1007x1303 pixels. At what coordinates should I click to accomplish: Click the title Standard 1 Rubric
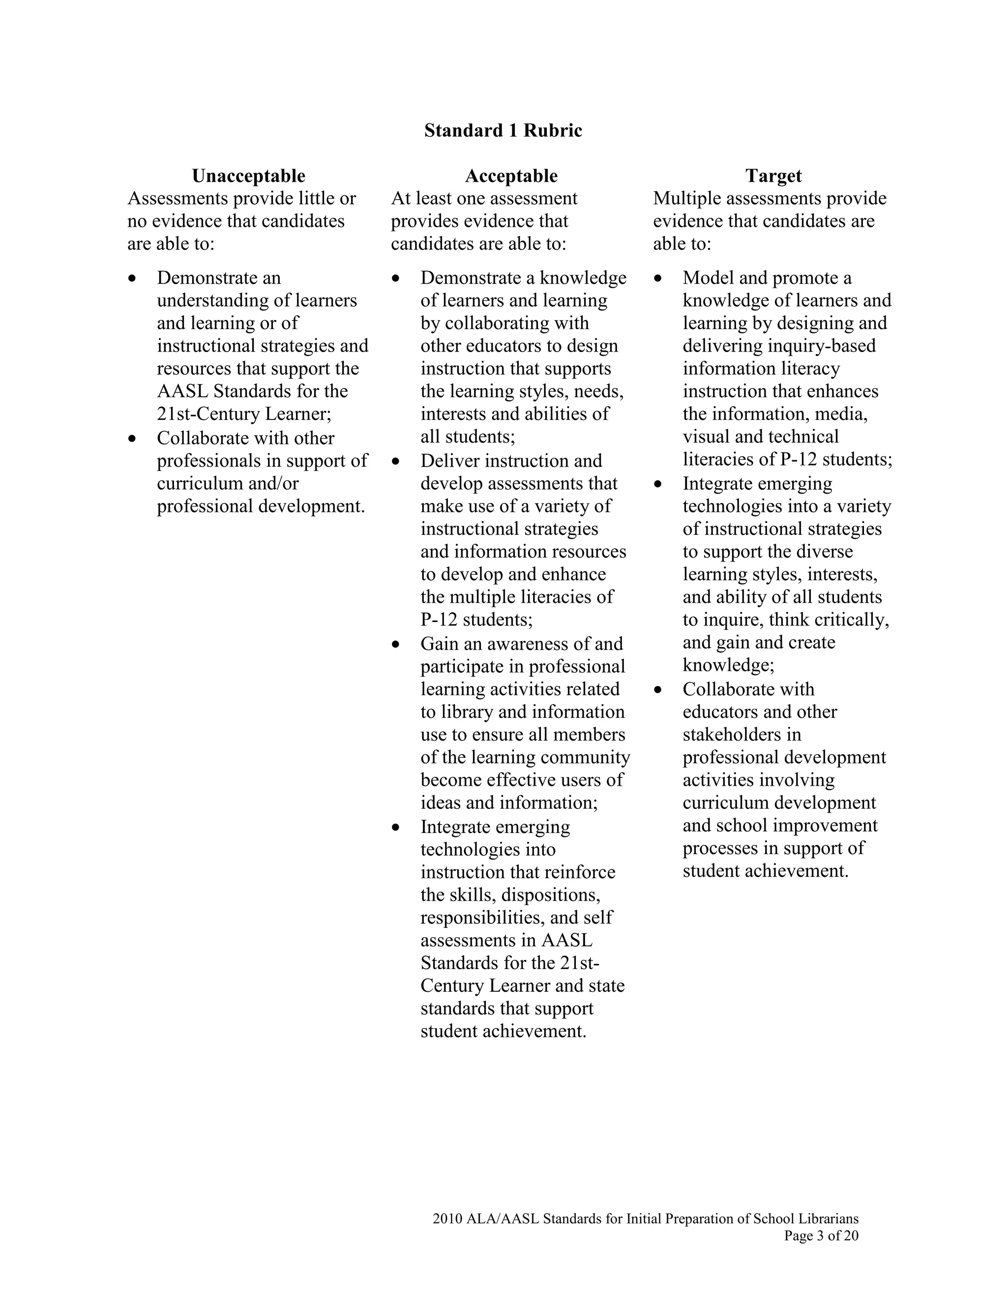(503, 131)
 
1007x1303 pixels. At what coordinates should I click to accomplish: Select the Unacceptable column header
(248, 176)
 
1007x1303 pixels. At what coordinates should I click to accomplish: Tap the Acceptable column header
(511, 176)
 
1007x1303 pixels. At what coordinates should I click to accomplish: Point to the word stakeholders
(741, 735)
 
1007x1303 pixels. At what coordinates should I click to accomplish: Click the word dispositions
(551, 895)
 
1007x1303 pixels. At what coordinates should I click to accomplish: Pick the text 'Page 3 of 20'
(821, 1236)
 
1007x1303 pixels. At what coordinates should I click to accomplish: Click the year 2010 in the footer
(447, 1219)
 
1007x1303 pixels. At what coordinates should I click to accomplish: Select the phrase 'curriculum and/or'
(228, 483)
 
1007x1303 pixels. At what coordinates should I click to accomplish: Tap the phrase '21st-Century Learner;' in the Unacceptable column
(244, 414)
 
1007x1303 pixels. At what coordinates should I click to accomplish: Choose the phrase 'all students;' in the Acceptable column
(468, 437)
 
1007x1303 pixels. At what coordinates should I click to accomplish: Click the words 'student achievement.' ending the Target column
(766, 871)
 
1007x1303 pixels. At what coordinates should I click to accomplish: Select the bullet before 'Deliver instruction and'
(395, 462)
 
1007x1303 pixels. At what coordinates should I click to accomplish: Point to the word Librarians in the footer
(829, 1219)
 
